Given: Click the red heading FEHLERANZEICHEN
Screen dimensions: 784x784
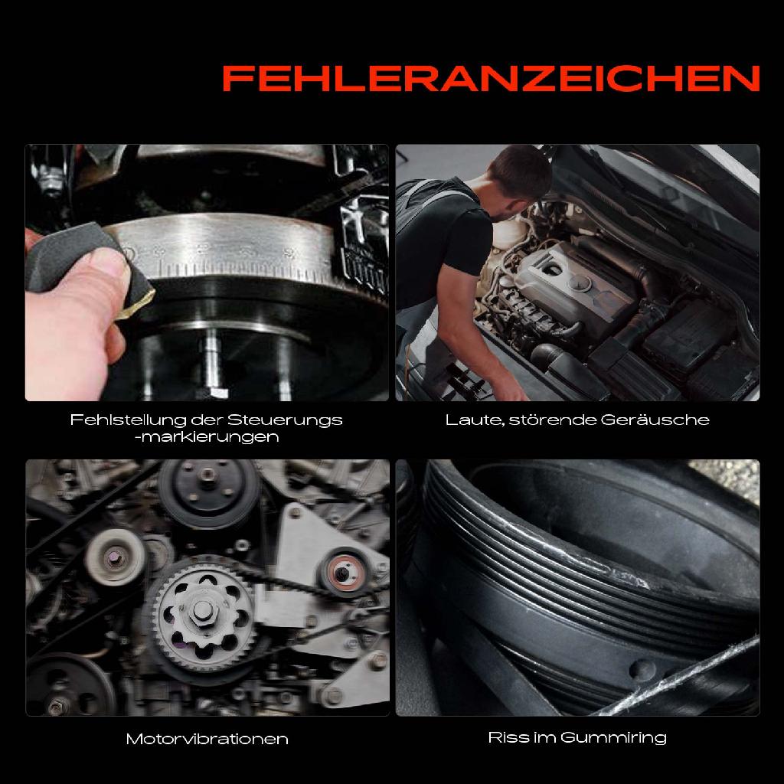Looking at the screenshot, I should (x=490, y=77).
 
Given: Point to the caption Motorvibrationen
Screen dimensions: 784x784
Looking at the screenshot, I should (x=207, y=740).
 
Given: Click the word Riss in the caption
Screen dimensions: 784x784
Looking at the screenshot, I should (x=505, y=738).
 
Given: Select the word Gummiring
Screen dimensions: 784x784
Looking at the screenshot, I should (x=613, y=738).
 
